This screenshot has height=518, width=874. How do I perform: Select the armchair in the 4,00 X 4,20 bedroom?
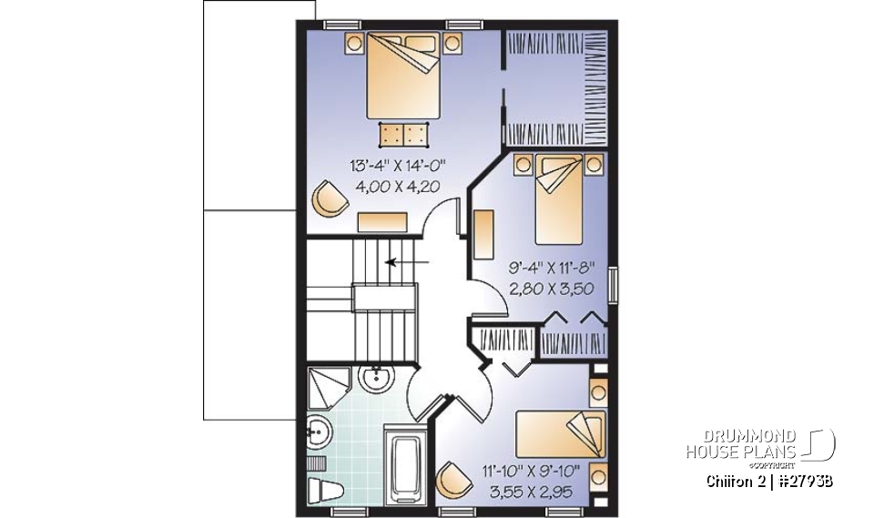click(328, 197)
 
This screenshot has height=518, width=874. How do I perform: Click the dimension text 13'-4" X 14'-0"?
click(401, 166)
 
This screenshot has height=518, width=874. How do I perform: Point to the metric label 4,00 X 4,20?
click(401, 187)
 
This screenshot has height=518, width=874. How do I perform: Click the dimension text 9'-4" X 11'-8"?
click(550, 269)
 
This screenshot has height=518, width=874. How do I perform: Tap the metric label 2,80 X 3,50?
click(550, 290)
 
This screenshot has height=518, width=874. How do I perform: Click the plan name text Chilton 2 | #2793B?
click(768, 481)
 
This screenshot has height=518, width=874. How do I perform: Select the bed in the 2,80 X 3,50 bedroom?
click(559, 198)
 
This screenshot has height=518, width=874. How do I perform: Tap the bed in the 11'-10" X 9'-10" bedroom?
click(561, 433)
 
